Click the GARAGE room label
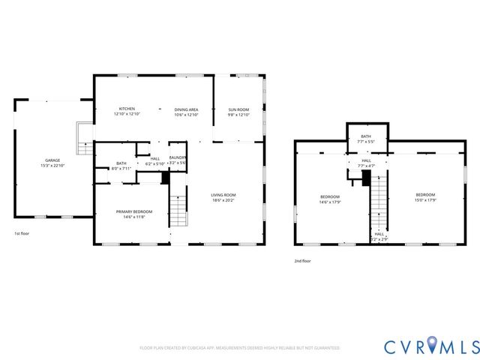(x=52, y=160)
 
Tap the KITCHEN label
(x=127, y=109)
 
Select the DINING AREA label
(x=186, y=109)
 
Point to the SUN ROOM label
(x=238, y=109)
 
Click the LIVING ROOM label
(x=223, y=195)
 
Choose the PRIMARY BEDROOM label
(x=134, y=211)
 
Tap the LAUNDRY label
(x=177, y=157)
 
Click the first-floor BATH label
(x=121, y=163)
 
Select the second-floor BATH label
(x=366, y=136)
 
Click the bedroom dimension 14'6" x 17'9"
(x=331, y=201)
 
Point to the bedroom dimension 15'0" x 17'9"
(x=426, y=200)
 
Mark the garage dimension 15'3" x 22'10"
(x=52, y=164)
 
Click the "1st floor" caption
(x=22, y=234)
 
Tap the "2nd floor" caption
(x=302, y=261)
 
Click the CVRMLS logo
(x=430, y=346)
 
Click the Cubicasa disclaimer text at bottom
(x=240, y=348)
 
